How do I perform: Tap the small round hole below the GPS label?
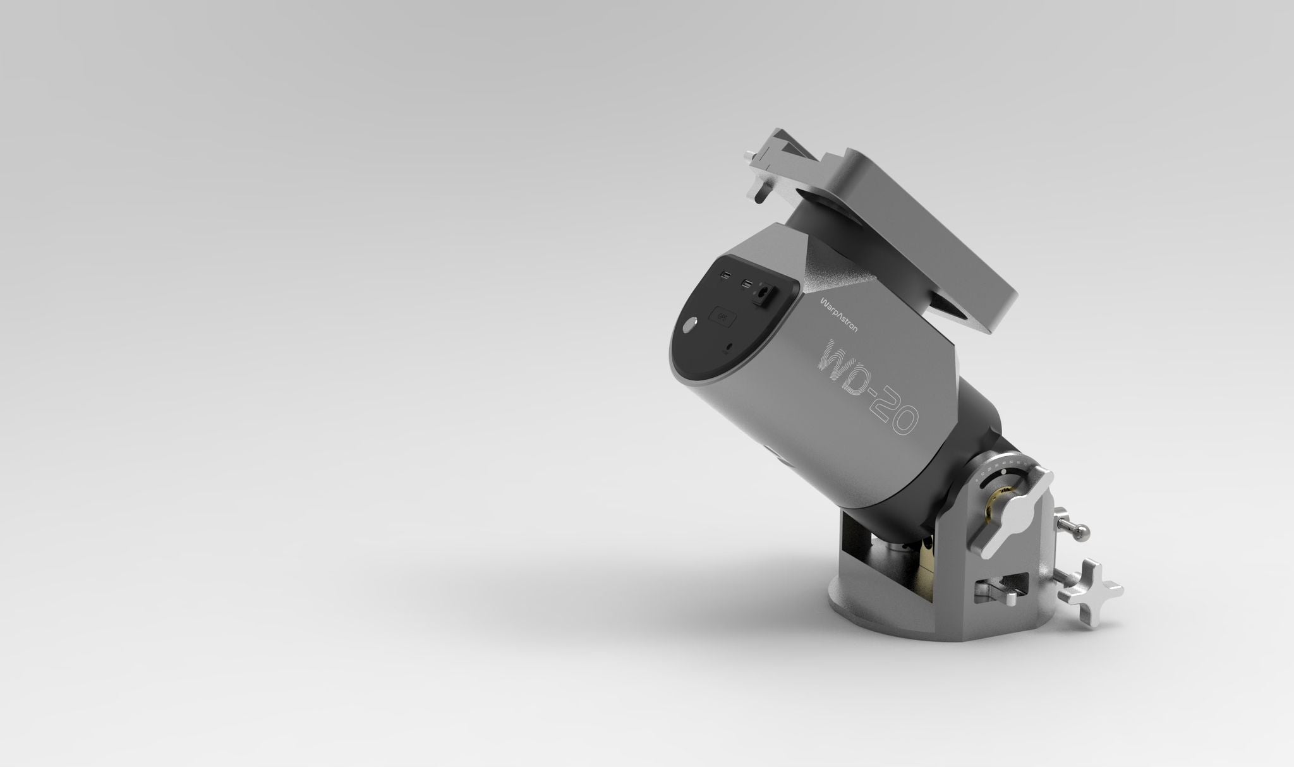tap(731, 346)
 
